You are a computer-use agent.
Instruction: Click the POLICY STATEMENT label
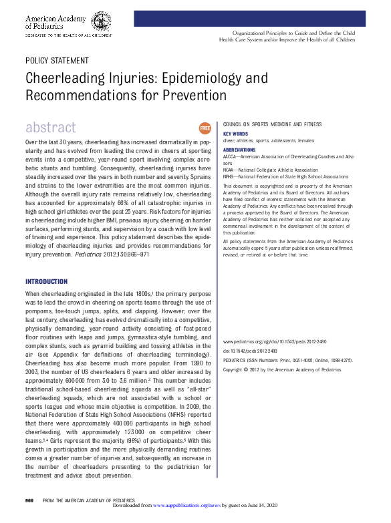(x=55, y=60)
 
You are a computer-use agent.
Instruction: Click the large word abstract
(x=51, y=128)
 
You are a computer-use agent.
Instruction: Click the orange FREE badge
(x=205, y=128)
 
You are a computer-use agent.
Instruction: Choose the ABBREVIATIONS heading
(x=239, y=150)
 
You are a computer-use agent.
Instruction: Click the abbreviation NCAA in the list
(x=229, y=170)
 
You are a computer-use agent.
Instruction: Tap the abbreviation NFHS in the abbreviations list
(x=229, y=177)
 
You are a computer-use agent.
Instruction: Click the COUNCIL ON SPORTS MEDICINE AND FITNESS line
(x=272, y=124)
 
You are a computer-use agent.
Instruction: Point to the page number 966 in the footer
(x=29, y=500)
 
